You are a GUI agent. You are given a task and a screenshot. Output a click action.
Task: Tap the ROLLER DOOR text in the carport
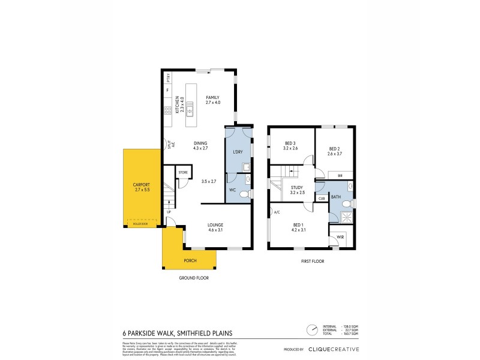click(x=140, y=223)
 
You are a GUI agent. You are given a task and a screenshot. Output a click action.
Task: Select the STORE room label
click(x=183, y=173)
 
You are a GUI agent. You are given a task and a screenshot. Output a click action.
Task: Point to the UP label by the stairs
click(x=169, y=212)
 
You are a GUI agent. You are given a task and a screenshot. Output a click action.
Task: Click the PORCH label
click(x=190, y=260)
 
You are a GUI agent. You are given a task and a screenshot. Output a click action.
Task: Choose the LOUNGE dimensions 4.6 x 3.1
click(x=215, y=230)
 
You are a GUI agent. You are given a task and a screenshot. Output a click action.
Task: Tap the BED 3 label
click(x=290, y=146)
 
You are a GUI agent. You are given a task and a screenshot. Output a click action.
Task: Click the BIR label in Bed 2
click(x=340, y=175)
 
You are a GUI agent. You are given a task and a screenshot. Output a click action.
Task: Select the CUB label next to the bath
click(x=321, y=198)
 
